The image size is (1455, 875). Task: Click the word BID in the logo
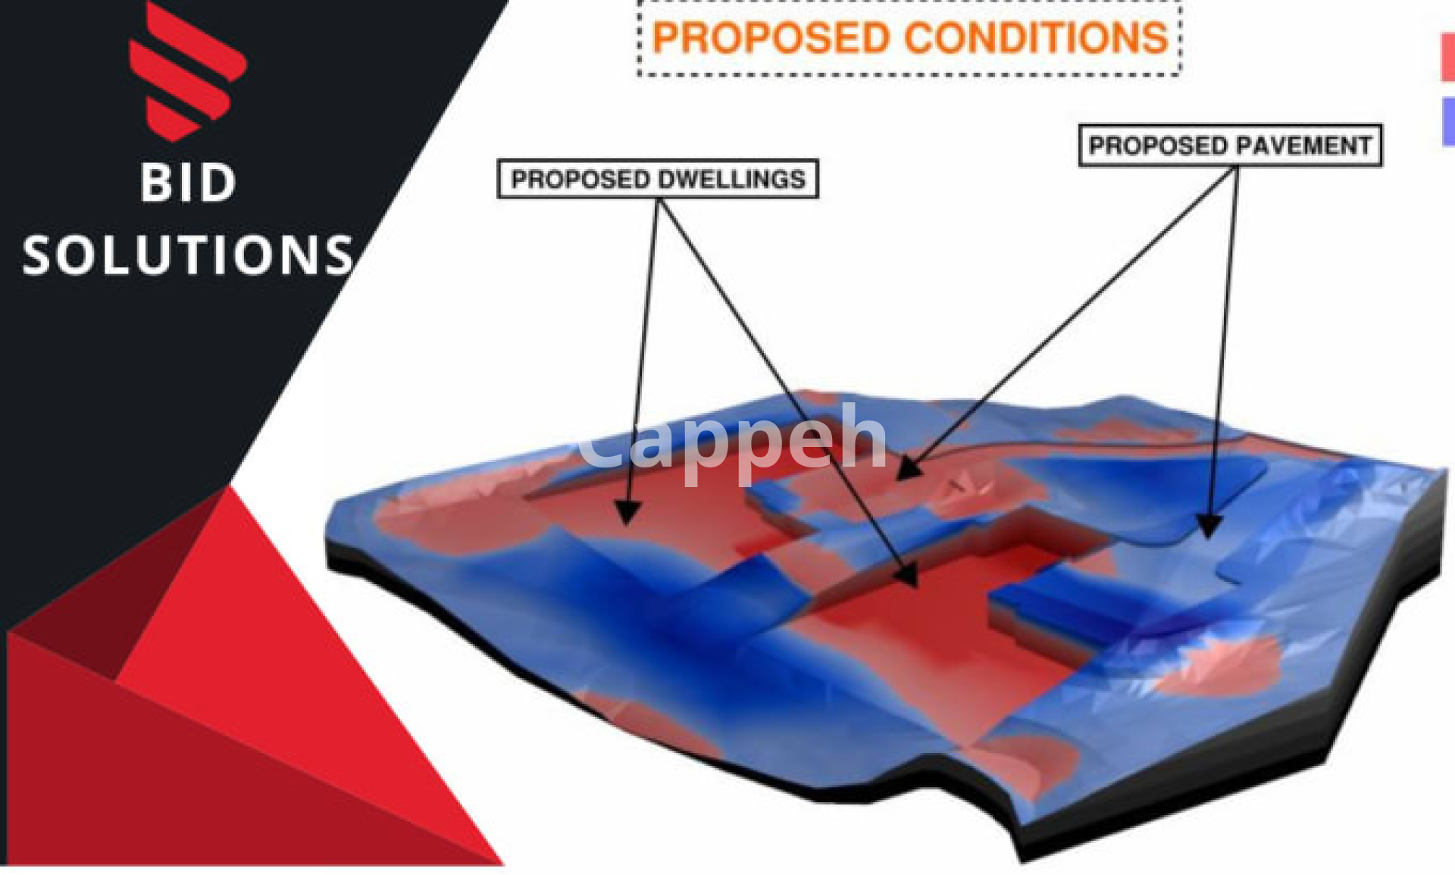pyautogui.click(x=188, y=183)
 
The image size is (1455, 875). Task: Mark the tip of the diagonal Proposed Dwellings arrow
pyautogui.click(x=917, y=587)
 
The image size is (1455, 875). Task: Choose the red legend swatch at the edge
pyautogui.click(x=1447, y=57)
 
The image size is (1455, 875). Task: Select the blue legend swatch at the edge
pyautogui.click(x=1448, y=121)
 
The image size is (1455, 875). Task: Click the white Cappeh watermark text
pyautogui.click(x=732, y=443)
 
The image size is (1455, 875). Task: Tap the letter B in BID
pyautogui.click(x=156, y=183)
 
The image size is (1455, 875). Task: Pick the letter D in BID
pyautogui.click(x=219, y=183)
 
